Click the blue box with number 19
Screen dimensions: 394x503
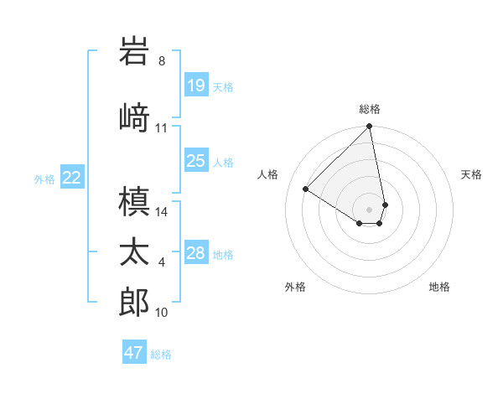point(196,86)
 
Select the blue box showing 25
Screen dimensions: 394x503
point(196,161)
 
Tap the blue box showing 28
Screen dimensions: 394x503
point(196,253)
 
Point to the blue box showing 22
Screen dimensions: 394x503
point(72,178)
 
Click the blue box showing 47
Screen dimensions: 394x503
point(134,353)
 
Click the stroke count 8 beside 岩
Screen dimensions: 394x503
point(162,61)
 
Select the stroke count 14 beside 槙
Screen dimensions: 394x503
point(162,211)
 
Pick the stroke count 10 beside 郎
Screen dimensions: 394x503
point(162,313)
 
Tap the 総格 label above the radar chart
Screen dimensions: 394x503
point(370,109)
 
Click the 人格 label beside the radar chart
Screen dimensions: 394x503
point(268,174)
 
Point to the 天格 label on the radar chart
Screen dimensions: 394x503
point(471,174)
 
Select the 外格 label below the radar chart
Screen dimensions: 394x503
point(295,287)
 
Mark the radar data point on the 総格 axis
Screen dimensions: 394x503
point(370,127)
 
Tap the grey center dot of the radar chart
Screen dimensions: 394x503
point(370,209)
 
